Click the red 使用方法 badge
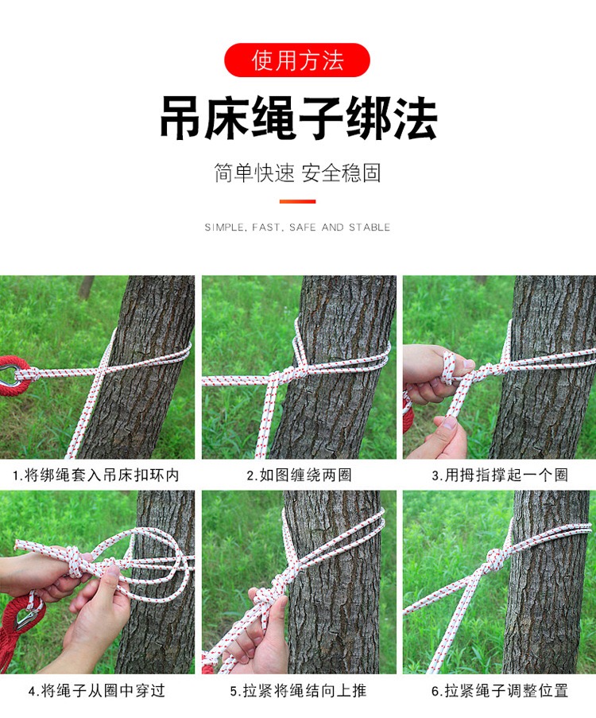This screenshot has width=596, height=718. click(297, 60)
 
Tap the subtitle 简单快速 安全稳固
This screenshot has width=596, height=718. click(297, 173)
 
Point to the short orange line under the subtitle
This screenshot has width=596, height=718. click(297, 201)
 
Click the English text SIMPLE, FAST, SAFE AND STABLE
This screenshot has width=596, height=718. click(297, 227)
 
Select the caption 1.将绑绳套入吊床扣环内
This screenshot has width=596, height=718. click(96, 475)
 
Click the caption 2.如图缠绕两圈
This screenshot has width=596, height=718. click(298, 475)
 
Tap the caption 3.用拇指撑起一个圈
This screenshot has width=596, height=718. click(499, 475)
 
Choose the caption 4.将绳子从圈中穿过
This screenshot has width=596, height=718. click(96, 690)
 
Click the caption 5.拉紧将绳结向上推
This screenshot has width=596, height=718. click(298, 690)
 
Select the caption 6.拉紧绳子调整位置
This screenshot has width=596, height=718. click(499, 690)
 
